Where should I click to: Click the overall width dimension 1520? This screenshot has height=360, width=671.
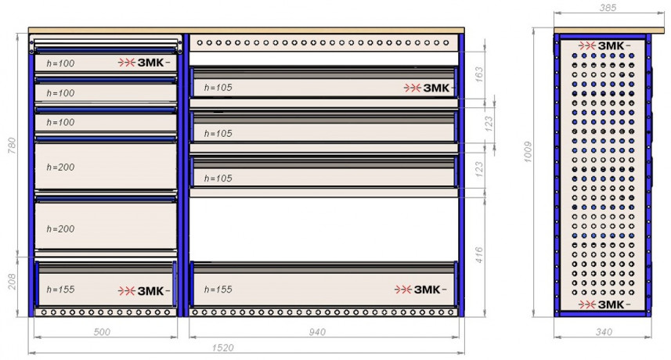click(x=223, y=347)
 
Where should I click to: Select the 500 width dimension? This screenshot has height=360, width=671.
click(x=102, y=332)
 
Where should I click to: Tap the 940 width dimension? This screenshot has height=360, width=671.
click(x=317, y=332)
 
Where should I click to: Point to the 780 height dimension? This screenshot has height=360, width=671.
click(x=12, y=146)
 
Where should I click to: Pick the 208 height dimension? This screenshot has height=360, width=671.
click(x=12, y=282)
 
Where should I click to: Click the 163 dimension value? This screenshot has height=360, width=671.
click(x=479, y=74)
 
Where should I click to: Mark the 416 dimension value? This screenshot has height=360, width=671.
click(x=479, y=255)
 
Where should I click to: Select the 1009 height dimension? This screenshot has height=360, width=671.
click(x=528, y=152)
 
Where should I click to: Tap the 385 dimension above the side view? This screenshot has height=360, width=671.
click(x=608, y=8)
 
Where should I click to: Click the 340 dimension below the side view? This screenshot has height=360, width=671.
click(x=604, y=332)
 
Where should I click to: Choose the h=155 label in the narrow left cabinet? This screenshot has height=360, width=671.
click(x=61, y=290)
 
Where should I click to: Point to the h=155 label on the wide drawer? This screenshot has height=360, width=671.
click(x=218, y=290)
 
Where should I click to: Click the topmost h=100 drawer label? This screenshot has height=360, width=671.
click(x=61, y=63)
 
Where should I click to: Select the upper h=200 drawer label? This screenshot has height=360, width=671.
click(x=61, y=167)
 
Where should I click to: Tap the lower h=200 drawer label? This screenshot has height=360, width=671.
click(x=61, y=229)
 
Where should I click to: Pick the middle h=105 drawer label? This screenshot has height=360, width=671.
click(x=218, y=133)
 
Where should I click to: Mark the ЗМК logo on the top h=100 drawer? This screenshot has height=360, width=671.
click(x=144, y=63)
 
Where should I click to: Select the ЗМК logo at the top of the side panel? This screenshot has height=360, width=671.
click(x=604, y=45)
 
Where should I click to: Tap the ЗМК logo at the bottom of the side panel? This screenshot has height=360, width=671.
click(x=604, y=304)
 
